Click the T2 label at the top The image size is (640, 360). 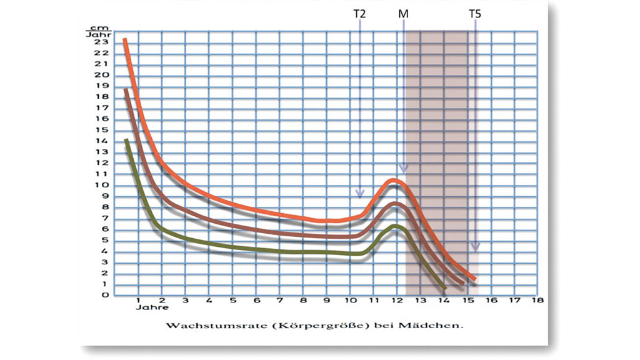pyautogui.click(x=359, y=13)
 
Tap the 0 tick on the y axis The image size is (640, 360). pyautogui.click(x=107, y=295)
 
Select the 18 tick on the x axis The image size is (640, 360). pyautogui.click(x=536, y=301)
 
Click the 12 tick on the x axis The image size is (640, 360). pyautogui.click(x=396, y=301)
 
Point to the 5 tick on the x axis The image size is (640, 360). pyautogui.click(x=232, y=301)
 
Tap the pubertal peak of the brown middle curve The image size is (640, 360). pyautogui.click(x=394, y=204)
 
